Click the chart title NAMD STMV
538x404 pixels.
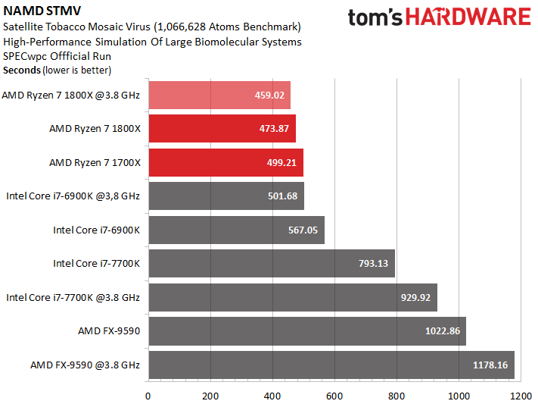pyautogui.click(x=37, y=11)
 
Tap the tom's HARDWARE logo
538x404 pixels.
pyautogui.click(x=440, y=19)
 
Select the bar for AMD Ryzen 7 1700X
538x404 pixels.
pyautogui.click(x=226, y=162)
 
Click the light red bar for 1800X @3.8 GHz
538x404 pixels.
pyautogui.click(x=219, y=95)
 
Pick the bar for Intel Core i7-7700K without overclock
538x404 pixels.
pyautogui.click(x=272, y=263)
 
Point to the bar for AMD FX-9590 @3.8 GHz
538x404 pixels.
pyautogui.click(x=331, y=365)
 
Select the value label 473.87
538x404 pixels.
pyautogui.click(x=274, y=129)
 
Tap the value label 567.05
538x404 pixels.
pyautogui.click(x=303, y=230)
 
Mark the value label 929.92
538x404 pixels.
pyautogui.click(x=415, y=297)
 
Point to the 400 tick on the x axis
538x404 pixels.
pyautogui.click(x=272, y=396)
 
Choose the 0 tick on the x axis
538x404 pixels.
pyautogui.click(x=148, y=396)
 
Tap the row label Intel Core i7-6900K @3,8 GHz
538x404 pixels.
pyautogui.click(x=73, y=196)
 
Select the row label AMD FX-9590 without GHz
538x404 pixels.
pyautogui.click(x=109, y=330)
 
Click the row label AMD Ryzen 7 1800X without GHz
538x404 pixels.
pyautogui.click(x=95, y=129)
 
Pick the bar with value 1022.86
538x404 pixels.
pyautogui.click(x=306, y=330)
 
